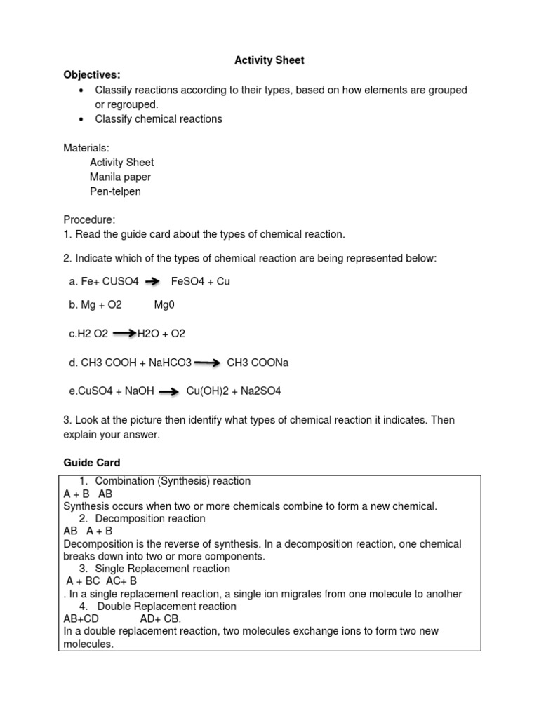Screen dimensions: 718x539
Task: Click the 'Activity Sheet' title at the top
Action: tap(269, 60)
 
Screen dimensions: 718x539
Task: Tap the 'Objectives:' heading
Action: tap(92, 74)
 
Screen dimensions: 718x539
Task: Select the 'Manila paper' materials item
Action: tap(120, 177)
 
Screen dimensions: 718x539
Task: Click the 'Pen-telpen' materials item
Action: tap(115, 191)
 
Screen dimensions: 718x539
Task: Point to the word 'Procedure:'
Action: tap(89, 219)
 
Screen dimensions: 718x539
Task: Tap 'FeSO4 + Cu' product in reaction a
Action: tap(200, 281)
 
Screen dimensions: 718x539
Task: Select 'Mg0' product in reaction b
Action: tap(164, 306)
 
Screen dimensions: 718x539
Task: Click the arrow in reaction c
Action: tap(124, 334)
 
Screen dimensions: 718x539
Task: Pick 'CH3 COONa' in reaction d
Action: tap(258, 363)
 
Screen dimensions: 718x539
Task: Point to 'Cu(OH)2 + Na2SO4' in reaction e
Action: tap(233, 391)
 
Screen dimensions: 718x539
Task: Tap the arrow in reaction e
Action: tap(168, 392)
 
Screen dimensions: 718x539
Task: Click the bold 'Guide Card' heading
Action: tap(92, 463)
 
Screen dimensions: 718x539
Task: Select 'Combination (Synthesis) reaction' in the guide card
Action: tap(173, 481)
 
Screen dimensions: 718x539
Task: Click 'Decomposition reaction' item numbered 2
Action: tap(150, 519)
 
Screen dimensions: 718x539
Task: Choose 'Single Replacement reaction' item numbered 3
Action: tap(162, 569)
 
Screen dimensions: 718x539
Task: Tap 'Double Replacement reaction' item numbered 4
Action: tap(166, 606)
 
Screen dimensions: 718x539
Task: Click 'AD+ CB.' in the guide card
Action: tap(160, 618)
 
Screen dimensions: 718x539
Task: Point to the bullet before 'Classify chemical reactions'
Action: tap(82, 119)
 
